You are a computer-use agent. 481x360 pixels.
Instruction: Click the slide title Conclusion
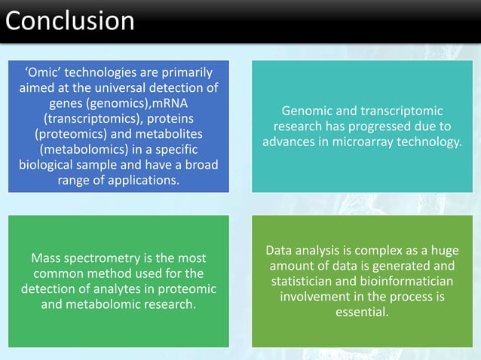(x=70, y=20)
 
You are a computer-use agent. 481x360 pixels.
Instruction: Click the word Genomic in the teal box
(x=303, y=111)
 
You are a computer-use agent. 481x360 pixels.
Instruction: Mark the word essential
(x=362, y=312)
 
